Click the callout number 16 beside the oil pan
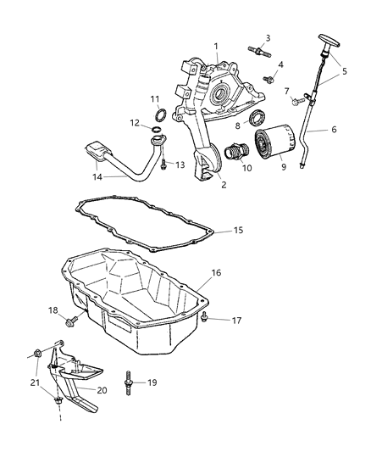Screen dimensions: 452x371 pyautogui.click(x=216, y=274)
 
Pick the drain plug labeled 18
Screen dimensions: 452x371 pyautogui.click(x=72, y=321)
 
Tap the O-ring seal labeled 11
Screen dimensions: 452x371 pyautogui.click(x=158, y=114)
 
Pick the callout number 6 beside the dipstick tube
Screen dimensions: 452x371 pyautogui.click(x=333, y=131)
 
